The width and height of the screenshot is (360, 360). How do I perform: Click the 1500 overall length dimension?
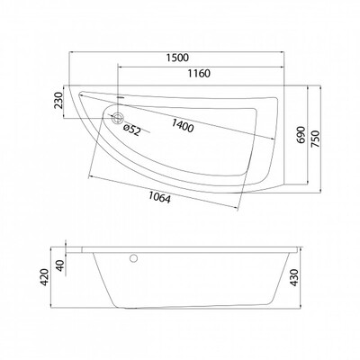(177, 58)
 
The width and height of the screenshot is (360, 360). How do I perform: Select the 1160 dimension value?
(199, 73)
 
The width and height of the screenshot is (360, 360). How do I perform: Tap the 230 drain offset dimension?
(58, 101)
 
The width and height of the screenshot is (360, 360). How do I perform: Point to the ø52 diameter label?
(132, 130)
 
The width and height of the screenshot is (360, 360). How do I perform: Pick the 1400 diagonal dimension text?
(183, 126)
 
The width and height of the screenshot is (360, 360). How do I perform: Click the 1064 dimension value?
(159, 197)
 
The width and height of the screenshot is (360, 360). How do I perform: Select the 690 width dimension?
(301, 135)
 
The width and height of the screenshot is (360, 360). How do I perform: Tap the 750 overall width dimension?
(315, 139)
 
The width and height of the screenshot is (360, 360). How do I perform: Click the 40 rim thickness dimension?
(60, 265)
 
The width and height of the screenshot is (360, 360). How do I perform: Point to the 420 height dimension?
(44, 277)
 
